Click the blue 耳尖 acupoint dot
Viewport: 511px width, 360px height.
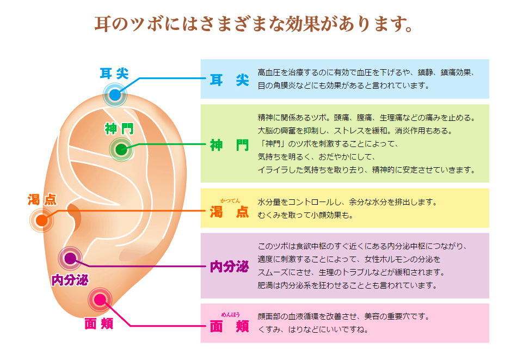tap(114, 95)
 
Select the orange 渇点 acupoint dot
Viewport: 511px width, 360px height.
tap(41, 221)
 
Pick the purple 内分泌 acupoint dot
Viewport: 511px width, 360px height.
tap(70, 259)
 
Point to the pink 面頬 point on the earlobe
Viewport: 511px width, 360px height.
tap(100, 300)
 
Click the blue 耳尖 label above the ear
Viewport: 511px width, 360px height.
tap(114, 73)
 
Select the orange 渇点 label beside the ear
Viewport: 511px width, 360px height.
tap(42, 199)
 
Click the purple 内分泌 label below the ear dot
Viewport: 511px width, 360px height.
tap(70, 279)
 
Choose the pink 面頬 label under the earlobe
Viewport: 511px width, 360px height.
tap(98, 324)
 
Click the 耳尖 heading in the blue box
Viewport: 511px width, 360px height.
tap(229, 80)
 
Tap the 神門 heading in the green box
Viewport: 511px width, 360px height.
tap(229, 145)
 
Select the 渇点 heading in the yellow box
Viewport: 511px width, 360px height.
tap(229, 212)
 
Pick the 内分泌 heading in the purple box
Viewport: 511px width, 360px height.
tap(229, 267)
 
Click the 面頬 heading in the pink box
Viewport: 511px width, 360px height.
tap(229, 326)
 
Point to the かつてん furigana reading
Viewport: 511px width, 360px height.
tap(230, 201)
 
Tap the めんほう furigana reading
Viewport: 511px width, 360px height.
tap(230, 314)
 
